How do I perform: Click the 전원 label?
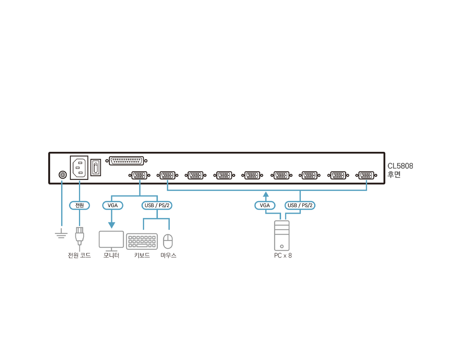pyautogui.click(x=79, y=205)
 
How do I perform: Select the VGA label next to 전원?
pyautogui.click(x=112, y=205)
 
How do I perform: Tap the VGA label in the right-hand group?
pyautogui.click(x=265, y=205)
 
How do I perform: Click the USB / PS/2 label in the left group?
pyautogui.click(x=157, y=205)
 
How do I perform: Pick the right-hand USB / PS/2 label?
pyautogui.click(x=300, y=205)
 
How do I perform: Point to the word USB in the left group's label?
pyautogui.click(x=149, y=205)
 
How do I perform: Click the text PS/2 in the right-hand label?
pyautogui.click(x=307, y=205)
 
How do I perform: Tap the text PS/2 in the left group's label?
pyautogui.click(x=164, y=205)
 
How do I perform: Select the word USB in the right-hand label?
pyautogui.click(x=292, y=205)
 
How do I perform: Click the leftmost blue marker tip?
pyautogui.click(x=61, y=181)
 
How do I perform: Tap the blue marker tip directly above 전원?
pyautogui.click(x=79, y=181)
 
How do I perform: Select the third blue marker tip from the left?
pyautogui.click(x=140, y=181)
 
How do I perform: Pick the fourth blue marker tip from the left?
pyautogui.click(x=167, y=181)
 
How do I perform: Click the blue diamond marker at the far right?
pyautogui.click(x=366, y=181)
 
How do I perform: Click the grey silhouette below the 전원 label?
pyautogui.click(x=79, y=237)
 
